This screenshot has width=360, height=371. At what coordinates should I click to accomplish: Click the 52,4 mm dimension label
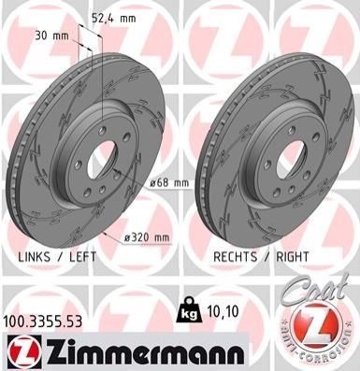(x=114, y=19)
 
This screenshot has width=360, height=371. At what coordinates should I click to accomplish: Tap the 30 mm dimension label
(x=51, y=36)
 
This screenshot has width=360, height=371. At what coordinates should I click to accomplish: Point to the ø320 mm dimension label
(x=147, y=238)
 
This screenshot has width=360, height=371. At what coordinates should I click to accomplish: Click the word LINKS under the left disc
(x=34, y=257)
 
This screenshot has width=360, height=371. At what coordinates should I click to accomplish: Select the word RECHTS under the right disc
(x=236, y=257)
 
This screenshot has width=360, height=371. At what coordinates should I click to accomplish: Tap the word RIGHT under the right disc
(x=293, y=257)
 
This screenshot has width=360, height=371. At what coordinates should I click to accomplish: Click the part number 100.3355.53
(x=43, y=321)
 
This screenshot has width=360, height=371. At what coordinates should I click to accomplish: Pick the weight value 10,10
(x=223, y=311)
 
